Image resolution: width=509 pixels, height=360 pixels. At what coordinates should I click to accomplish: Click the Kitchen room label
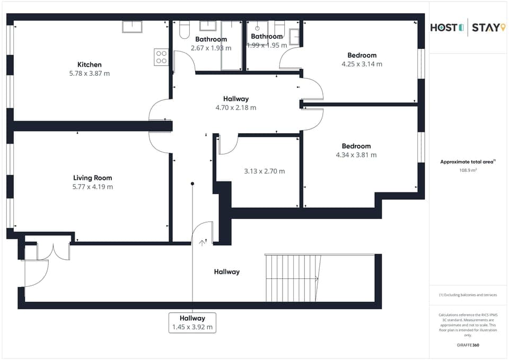[x=89, y=65]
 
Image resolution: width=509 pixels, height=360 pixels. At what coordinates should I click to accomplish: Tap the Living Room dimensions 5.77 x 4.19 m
[x=93, y=187]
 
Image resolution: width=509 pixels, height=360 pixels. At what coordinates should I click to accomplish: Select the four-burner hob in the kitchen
[x=161, y=57]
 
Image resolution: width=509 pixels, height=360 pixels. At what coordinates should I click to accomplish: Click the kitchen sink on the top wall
[x=132, y=27]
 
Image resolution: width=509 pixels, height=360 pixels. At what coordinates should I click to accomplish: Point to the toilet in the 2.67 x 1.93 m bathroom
[x=185, y=30]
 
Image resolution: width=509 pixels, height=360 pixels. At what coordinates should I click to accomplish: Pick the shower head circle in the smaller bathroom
[x=257, y=28]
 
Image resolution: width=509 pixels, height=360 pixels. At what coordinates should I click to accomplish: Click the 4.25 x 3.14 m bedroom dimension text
[x=362, y=64]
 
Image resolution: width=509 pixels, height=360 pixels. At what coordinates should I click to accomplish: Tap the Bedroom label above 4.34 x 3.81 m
[x=356, y=146]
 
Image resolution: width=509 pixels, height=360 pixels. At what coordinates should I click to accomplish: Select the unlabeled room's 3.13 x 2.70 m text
[x=264, y=171]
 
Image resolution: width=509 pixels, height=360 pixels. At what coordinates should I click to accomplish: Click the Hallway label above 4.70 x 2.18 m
[x=235, y=99]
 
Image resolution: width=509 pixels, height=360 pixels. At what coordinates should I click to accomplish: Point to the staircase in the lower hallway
[x=293, y=278]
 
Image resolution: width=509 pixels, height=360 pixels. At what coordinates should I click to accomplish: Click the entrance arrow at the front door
[x=202, y=242]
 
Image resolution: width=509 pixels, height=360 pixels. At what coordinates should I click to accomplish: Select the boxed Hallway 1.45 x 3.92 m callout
[x=192, y=322]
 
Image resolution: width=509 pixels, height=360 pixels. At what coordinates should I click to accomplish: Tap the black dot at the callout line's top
[x=192, y=183]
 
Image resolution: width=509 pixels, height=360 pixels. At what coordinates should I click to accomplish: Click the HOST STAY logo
[x=467, y=28]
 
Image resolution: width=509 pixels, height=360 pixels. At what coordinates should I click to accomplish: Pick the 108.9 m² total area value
[x=468, y=171]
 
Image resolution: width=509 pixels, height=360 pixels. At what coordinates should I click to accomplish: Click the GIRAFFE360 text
[x=468, y=345]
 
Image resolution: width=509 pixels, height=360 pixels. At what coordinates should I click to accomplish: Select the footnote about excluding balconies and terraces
[x=468, y=295]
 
